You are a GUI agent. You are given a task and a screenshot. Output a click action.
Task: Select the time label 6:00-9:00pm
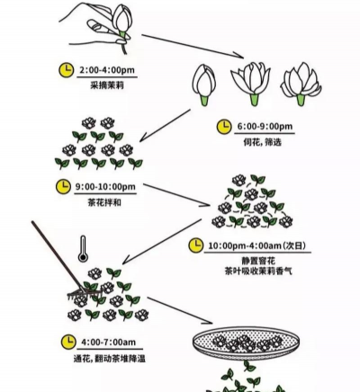point(257,128)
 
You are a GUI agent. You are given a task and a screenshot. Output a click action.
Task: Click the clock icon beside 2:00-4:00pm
point(65,69)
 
